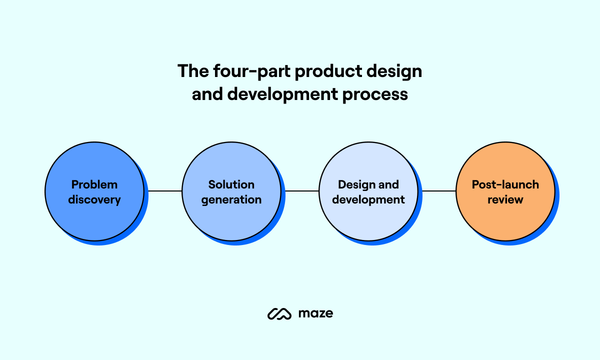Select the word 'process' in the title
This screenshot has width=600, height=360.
point(375,95)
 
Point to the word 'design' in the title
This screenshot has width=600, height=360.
point(394,71)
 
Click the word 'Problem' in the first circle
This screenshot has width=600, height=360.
point(94,184)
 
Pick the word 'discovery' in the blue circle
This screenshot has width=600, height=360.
point(94,200)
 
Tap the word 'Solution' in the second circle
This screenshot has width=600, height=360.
point(231,184)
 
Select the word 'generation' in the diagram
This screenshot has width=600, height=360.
point(231,200)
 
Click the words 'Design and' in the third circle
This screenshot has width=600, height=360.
point(368,184)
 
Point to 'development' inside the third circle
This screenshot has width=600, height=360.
point(368,200)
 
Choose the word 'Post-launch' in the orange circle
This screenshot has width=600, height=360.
point(505,184)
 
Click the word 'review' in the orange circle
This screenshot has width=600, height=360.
point(505,200)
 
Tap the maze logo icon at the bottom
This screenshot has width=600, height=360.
point(279,313)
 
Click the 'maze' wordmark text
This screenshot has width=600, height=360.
point(316,313)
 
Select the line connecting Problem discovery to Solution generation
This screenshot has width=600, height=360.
point(164,191)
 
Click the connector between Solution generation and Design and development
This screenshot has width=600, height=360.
point(302,191)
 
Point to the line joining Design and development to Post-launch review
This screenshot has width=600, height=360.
point(439,191)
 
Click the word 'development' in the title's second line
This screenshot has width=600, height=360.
point(282,94)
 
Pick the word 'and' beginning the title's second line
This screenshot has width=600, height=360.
point(207,94)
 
